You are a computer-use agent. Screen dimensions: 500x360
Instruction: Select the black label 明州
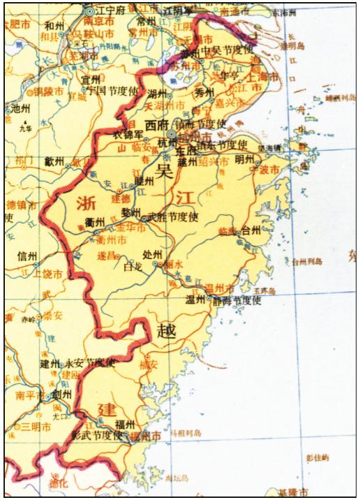[x=245, y=159]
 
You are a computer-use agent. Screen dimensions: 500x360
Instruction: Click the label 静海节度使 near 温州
[x=237, y=301]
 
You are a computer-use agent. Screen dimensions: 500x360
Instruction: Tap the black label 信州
[x=27, y=256]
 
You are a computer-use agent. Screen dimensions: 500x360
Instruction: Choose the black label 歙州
[x=54, y=161]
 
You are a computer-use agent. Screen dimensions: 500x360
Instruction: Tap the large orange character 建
[x=107, y=408]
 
